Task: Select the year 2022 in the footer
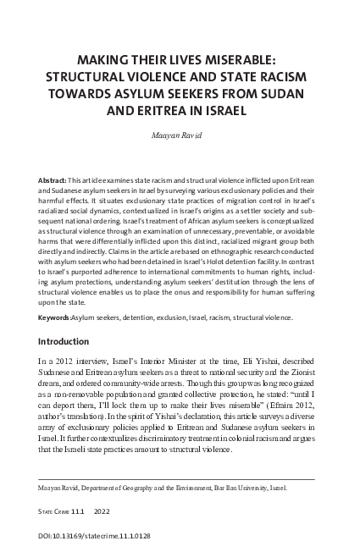pyautogui.click(x=124, y=512)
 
